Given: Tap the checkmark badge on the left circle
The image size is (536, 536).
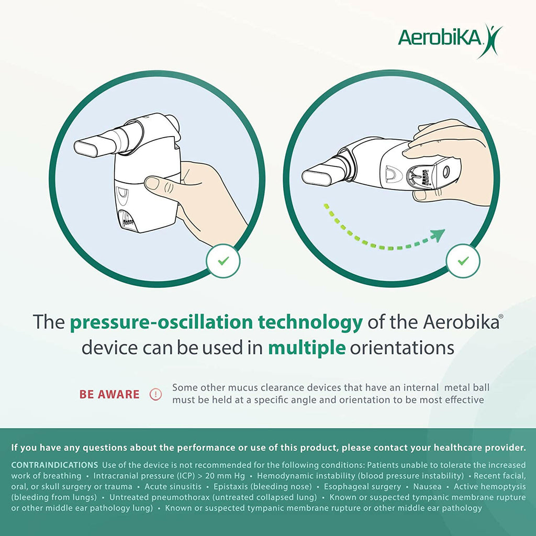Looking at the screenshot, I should point(223,261).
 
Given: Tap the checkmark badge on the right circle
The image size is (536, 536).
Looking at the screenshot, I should point(463,261).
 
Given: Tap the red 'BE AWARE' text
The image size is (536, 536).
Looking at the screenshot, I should point(109,394).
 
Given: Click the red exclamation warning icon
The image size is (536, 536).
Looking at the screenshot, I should point(155,394).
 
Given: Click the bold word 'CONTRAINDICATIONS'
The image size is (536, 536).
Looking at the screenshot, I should point(54,465).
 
